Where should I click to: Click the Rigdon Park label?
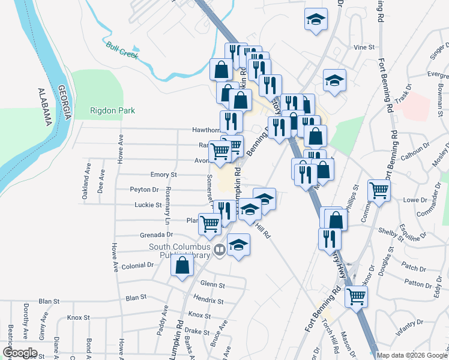coord(112,110)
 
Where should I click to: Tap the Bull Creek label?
coord(122,50)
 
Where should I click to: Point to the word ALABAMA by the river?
coord(44,107)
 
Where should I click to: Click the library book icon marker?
coord(220,250)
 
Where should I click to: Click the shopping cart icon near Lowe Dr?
coord(379,190)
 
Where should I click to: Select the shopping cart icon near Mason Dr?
coord(357,295)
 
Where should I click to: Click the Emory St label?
coord(164,175)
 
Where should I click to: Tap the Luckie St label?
coord(151,205)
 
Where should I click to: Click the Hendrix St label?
coord(209,301)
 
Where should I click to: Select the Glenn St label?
coord(212,284)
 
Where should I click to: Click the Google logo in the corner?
coord(20,353)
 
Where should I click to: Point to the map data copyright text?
coord(412,355)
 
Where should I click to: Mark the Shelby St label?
coord(388,230)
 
